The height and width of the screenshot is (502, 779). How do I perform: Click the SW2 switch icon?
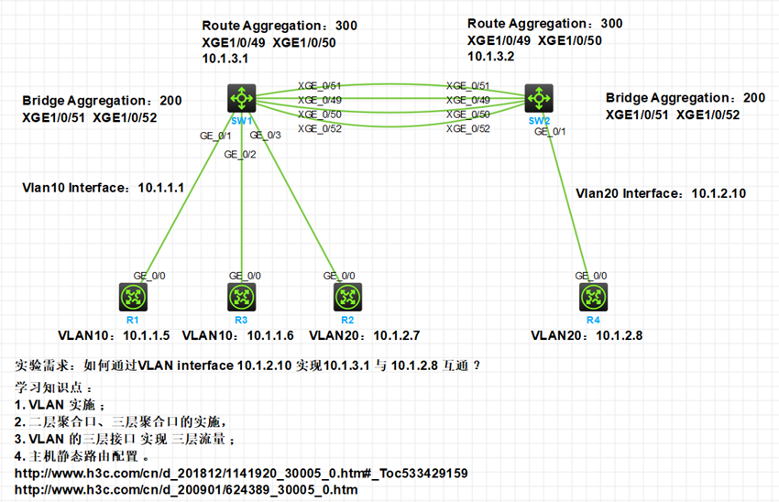pos(539,96)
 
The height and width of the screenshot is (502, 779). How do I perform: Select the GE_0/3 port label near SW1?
pos(265,136)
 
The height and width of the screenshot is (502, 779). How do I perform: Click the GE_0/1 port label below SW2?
pos(551,131)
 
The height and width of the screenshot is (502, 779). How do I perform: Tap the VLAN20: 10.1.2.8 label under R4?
pos(587,335)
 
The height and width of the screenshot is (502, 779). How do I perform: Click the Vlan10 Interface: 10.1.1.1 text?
pos(104,187)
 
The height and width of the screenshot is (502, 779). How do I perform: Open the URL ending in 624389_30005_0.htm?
pos(187,490)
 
